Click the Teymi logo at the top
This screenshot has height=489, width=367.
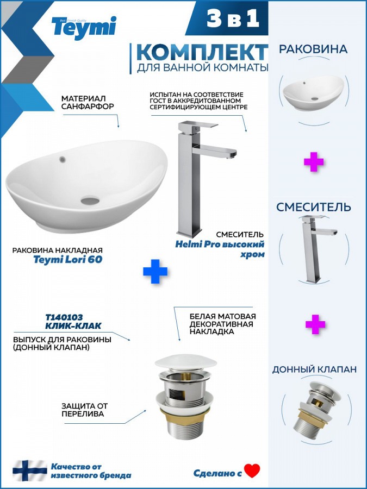click(x=84, y=28)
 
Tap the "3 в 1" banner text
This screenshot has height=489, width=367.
click(x=233, y=18)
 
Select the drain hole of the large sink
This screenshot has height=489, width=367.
click(x=90, y=200)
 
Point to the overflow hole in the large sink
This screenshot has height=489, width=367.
click(x=63, y=160)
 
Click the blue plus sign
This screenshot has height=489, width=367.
click(x=155, y=271)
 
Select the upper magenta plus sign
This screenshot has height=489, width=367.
click(x=314, y=162)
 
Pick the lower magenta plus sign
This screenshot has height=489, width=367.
click(x=315, y=324)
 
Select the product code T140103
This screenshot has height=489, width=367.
click(x=64, y=317)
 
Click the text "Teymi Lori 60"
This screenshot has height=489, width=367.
click(x=68, y=260)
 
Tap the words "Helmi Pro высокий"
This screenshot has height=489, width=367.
click(x=220, y=244)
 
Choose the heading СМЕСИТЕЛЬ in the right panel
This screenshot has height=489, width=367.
click(x=314, y=207)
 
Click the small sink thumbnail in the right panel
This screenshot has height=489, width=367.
click(x=313, y=92)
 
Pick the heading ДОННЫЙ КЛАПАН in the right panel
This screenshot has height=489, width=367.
click(x=314, y=369)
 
